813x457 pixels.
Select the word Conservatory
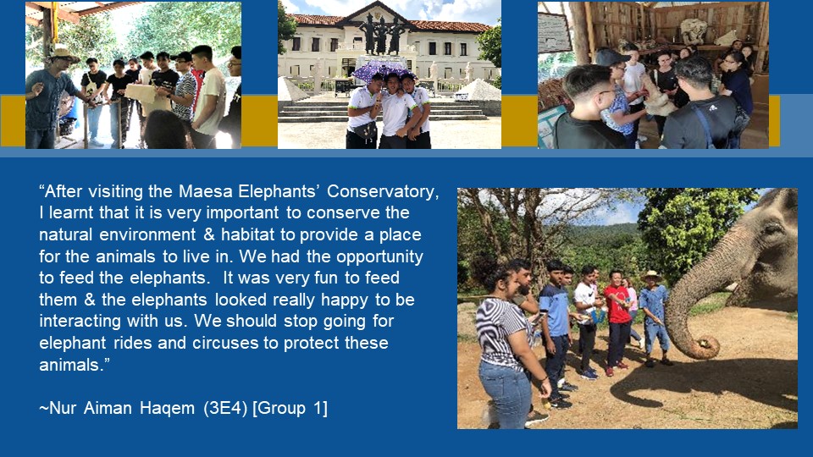tap(383, 192)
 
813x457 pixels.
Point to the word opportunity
tap(379, 257)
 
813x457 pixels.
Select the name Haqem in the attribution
tap(168, 408)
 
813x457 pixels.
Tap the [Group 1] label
tap(290, 408)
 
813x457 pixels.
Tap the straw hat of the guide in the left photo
tap(64, 54)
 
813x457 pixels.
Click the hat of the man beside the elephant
tap(651, 275)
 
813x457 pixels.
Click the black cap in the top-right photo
tap(611, 56)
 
